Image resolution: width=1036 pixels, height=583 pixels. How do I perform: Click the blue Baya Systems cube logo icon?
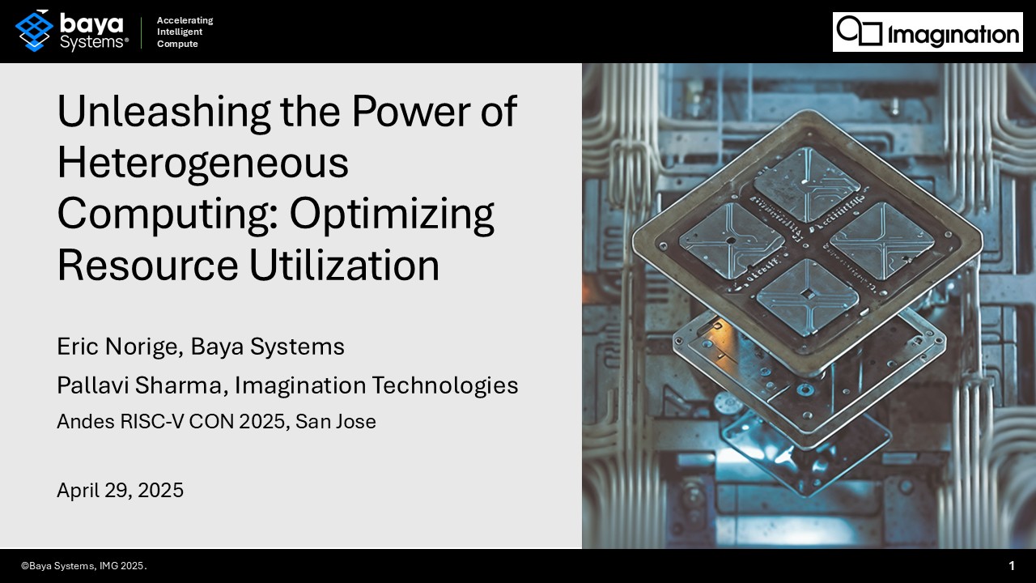click(x=33, y=31)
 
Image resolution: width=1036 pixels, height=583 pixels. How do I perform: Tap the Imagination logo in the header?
click(x=928, y=32)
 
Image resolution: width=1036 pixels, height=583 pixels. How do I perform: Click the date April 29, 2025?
click(x=120, y=490)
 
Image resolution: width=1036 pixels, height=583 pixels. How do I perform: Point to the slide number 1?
click(x=1012, y=566)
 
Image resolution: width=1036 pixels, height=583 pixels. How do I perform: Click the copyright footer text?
click(x=84, y=566)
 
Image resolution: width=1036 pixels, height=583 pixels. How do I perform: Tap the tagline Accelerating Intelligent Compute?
click(x=185, y=32)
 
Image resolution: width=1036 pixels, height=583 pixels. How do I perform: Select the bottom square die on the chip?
click(x=807, y=297)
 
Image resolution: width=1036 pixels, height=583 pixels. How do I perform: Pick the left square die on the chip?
click(x=731, y=240)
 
